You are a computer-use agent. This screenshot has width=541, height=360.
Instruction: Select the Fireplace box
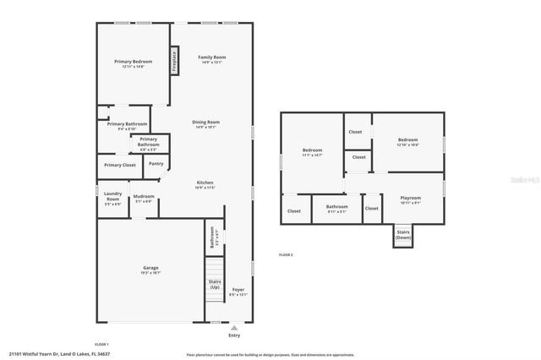pyautogui.click(x=175, y=61)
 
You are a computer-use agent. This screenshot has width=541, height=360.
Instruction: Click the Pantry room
pyautogui.click(x=156, y=165)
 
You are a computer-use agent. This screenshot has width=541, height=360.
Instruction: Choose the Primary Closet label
pyautogui.click(x=119, y=165)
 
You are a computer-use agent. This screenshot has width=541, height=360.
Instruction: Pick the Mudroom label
pyautogui.click(x=143, y=199)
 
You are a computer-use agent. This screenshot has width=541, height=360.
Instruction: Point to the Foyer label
pyautogui.click(x=238, y=292)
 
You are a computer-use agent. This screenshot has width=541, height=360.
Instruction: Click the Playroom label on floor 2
pyautogui.click(x=410, y=201)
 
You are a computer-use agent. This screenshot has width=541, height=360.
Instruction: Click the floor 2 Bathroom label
pyautogui.click(x=336, y=208)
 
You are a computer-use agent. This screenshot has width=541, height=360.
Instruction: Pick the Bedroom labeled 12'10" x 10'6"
pyautogui.click(x=408, y=142)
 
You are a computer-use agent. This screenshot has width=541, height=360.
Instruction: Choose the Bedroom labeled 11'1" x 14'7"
pyautogui.click(x=312, y=153)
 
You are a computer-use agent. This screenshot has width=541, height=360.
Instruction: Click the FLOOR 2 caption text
pyautogui.click(x=285, y=254)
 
